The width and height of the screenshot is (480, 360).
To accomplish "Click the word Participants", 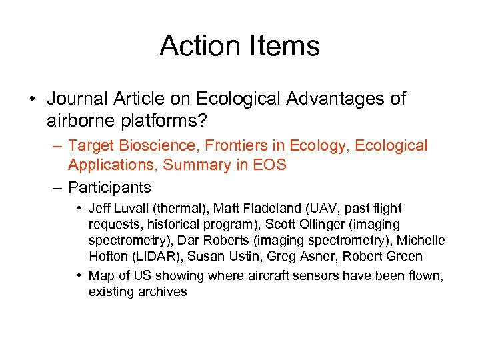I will click(109, 187).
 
